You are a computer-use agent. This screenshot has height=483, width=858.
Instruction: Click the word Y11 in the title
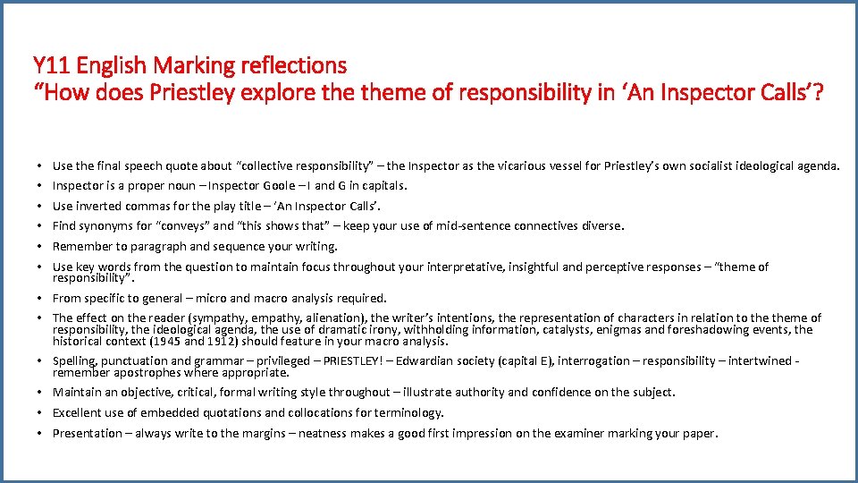(52, 65)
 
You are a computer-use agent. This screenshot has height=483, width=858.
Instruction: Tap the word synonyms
(105, 226)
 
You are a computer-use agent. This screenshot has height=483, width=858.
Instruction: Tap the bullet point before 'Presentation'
(44, 434)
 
